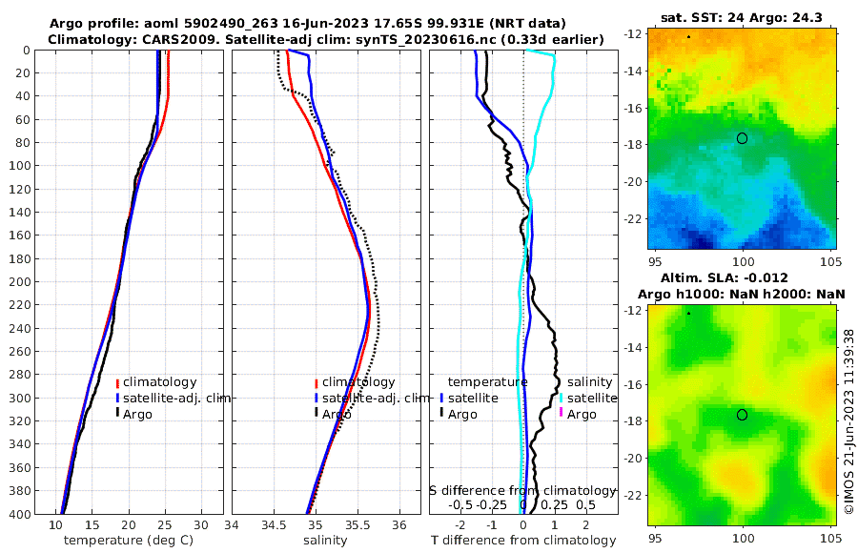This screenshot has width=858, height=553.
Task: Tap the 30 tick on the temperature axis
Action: [200, 525]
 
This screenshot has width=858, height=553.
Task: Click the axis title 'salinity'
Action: [324, 541]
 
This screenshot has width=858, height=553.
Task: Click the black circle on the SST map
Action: [743, 138]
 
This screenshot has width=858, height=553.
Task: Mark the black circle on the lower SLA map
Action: [743, 415]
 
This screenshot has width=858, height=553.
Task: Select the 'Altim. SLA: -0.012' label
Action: [742, 277]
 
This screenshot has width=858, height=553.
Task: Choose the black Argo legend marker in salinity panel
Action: [316, 414]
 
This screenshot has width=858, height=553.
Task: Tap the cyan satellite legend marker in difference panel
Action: [562, 399]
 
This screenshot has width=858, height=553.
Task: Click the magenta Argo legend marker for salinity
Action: [562, 414]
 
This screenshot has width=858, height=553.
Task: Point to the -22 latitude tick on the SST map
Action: [634, 218]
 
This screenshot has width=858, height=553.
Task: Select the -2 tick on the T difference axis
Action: [460, 525]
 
